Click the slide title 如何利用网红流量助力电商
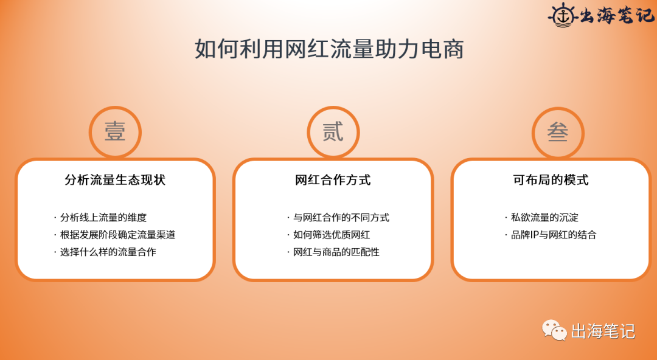329,49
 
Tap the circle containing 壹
115,132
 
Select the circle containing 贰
333,132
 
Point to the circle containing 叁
557,132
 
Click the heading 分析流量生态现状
115,180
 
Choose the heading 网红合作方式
333,180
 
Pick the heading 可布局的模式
551,180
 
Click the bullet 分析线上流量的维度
103,218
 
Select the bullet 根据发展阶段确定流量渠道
117,235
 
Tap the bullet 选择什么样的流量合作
108,252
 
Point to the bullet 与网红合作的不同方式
341,218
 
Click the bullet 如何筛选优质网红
332,235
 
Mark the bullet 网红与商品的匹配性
336,252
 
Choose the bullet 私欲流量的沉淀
544,218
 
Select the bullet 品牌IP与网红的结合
554,235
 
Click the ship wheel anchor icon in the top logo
563,15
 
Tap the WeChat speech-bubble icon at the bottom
554,330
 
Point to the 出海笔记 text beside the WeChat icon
603,331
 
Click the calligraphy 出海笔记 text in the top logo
614,15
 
